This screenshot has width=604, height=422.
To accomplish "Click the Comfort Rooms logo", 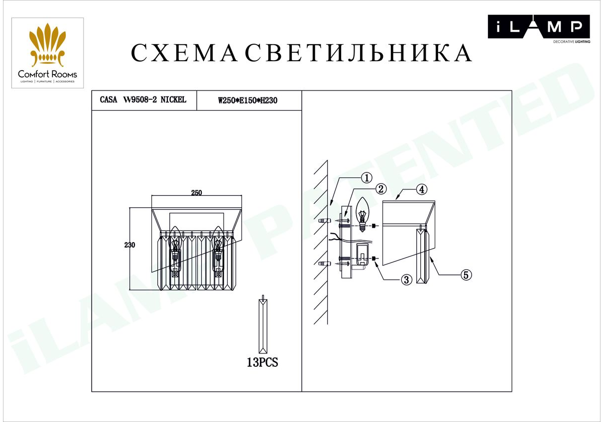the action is point(47,53).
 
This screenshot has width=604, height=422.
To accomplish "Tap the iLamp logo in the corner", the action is point(539,28).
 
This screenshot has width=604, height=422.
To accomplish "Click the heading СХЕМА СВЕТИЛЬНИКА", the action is point(301,53).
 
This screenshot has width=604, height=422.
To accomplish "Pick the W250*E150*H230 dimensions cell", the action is point(248,101).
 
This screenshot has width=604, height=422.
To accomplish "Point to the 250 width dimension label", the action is point(197,193).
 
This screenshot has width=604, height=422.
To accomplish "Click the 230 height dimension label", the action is point(129,245).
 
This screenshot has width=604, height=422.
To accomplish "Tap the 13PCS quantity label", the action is point(262,362).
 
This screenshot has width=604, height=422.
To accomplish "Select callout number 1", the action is point(366,178).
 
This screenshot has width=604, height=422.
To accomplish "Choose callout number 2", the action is point(381,189).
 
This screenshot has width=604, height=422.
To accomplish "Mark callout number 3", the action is point(407,280).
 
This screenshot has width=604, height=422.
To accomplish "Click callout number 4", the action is point(422,189).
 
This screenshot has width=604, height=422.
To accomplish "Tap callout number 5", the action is point(467,275).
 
